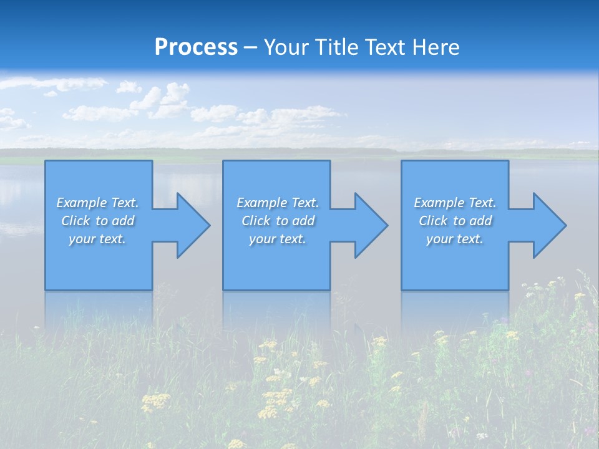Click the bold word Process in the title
[x=196, y=47]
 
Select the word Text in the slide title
[x=385, y=47]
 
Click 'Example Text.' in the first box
[x=97, y=203]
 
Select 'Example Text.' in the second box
[x=277, y=203]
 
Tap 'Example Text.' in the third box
[x=455, y=203]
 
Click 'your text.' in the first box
[x=97, y=239]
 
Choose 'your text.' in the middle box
[x=277, y=239]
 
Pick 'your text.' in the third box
[x=455, y=239]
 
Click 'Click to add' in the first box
[x=97, y=221]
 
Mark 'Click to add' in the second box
[x=277, y=221]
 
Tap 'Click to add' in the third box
[x=455, y=221]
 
